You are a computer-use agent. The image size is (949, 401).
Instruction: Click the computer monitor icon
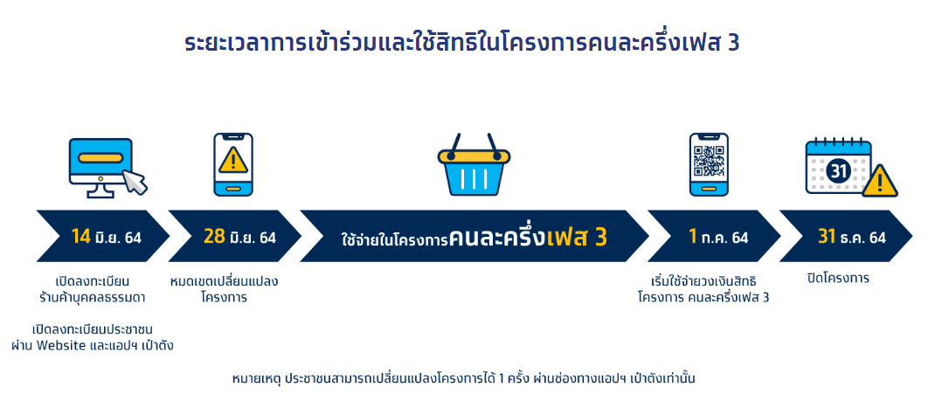coord(100,166)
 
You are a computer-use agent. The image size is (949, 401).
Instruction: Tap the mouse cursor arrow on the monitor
coord(135,182)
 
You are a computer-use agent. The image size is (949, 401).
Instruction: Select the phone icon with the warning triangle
coord(233,164)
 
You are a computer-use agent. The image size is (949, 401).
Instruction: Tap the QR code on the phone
coord(709,160)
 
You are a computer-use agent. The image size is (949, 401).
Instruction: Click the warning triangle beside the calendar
coord(880,182)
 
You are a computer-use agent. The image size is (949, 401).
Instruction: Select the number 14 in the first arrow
coord(80,237)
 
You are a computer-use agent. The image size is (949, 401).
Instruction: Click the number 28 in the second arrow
coord(214,237)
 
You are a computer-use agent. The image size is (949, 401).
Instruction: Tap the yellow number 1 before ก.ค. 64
coord(692,237)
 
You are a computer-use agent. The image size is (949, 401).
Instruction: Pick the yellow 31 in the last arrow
coord(827,237)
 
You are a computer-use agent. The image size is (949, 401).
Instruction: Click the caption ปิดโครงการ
coord(838,279)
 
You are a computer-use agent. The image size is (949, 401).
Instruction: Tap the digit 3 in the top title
coord(733,44)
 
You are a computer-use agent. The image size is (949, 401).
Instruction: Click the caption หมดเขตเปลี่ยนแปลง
coord(224,281)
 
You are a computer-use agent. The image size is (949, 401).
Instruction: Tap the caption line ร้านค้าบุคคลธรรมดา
coord(93,298)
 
